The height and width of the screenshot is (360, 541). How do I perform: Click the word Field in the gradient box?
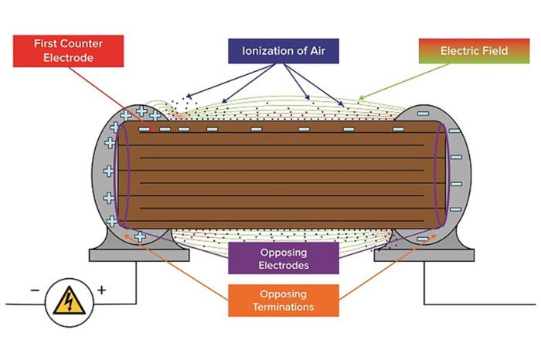(x=492, y=51)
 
